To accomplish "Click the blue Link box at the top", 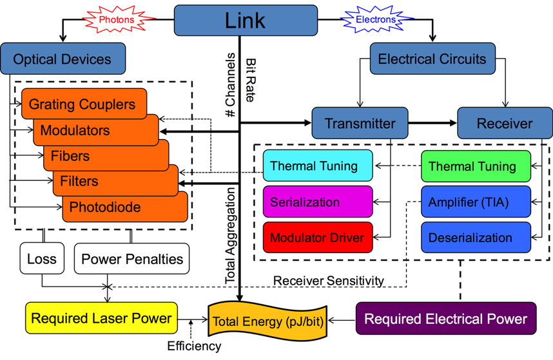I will click(246, 20).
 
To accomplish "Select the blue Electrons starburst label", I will click(376, 20).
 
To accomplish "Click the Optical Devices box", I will click(63, 59).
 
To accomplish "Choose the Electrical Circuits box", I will click(432, 59).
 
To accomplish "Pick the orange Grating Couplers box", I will click(82, 104).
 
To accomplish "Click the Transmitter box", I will click(360, 123).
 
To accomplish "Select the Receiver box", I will click(505, 123).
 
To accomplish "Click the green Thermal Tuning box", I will click(476, 166).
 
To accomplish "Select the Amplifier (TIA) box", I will click(476, 202).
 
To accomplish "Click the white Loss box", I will click(42, 260).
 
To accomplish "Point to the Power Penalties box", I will click(131, 260).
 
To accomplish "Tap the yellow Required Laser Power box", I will click(101, 318).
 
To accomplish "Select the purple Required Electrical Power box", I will click(445, 319).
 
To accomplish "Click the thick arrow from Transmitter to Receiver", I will click(433, 123).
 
